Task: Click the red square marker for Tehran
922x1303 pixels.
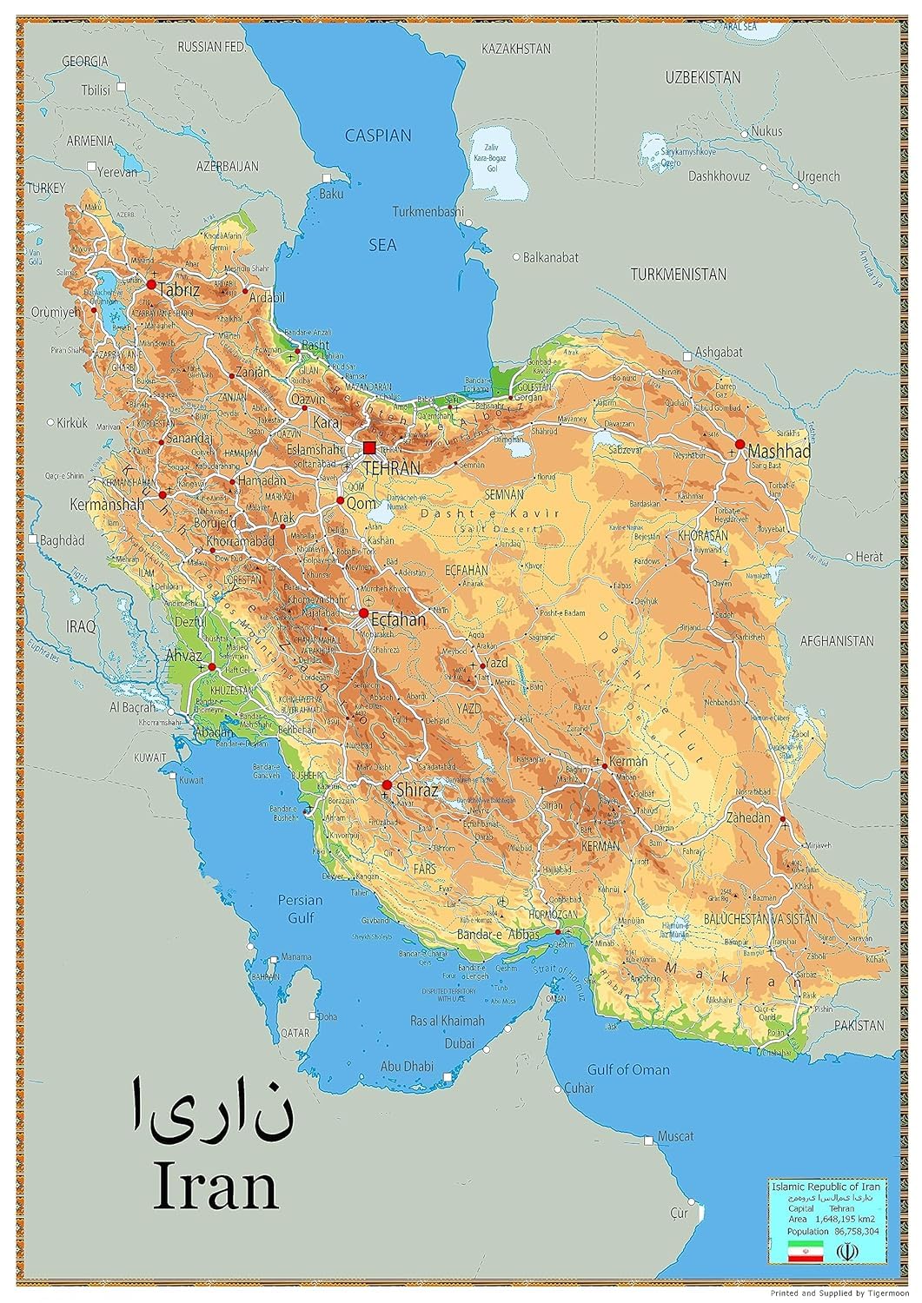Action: (x=369, y=447)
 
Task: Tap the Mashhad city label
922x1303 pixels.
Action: (x=779, y=452)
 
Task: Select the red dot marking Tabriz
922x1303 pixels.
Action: (x=151, y=284)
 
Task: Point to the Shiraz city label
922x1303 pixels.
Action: (x=416, y=790)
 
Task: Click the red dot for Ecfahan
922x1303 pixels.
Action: (x=363, y=612)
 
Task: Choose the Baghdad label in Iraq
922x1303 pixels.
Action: (x=63, y=540)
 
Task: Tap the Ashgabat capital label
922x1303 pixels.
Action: (x=718, y=352)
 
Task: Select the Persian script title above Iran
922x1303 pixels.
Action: (x=211, y=1109)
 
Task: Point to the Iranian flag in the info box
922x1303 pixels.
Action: (x=805, y=1251)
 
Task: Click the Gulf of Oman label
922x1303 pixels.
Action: (x=628, y=1069)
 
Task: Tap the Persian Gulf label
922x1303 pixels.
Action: (x=301, y=909)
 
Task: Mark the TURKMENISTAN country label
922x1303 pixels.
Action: (x=678, y=274)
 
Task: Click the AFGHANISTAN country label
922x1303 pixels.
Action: (x=836, y=641)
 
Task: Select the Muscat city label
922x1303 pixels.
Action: (x=675, y=1136)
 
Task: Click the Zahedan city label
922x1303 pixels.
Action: (x=748, y=817)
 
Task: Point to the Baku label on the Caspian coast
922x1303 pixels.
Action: (x=332, y=194)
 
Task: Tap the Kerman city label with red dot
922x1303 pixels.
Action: (x=629, y=761)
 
